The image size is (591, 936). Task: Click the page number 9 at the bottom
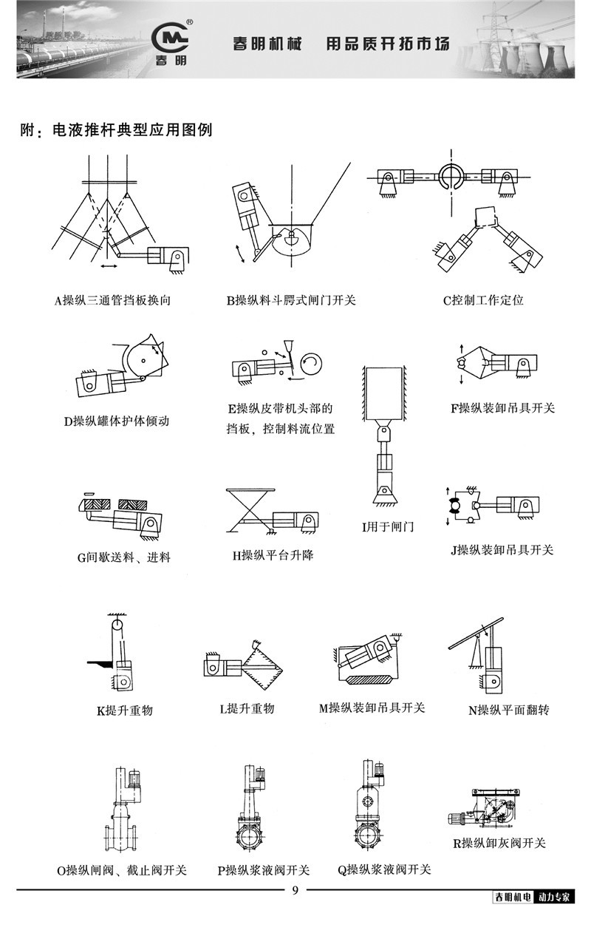pos(295,890)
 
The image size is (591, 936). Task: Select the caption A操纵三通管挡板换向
pos(117,301)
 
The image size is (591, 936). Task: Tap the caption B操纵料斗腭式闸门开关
pos(291,301)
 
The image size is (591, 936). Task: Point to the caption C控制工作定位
pos(483,301)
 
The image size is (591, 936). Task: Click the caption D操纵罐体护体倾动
pos(117,421)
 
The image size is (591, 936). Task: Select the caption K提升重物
pos(125,711)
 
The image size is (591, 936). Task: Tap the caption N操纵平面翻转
pos(509,711)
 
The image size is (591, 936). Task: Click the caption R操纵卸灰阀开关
pos(499,843)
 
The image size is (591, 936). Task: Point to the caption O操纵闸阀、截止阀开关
pos(122,870)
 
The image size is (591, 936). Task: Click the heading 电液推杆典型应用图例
pos(132,131)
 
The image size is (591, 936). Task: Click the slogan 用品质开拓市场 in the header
pos(387,43)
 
